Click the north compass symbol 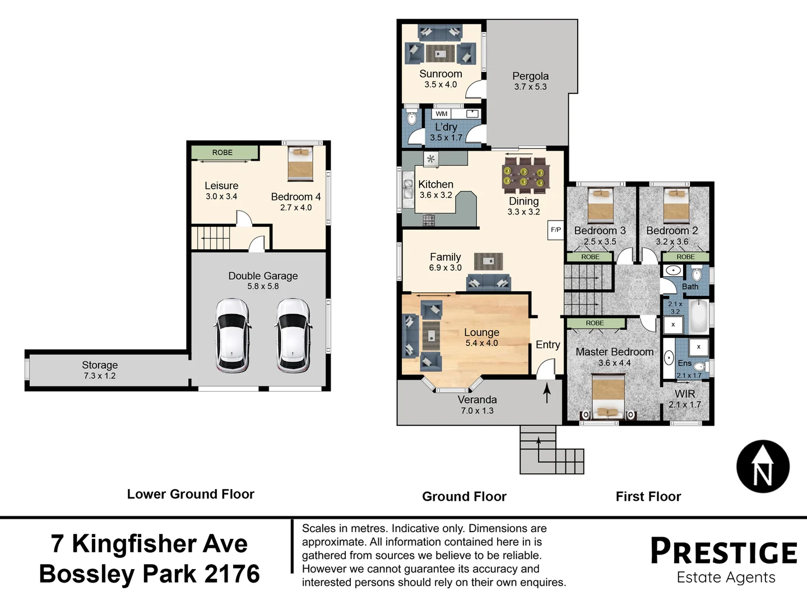(x=763, y=467)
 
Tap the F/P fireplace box (x=555, y=230)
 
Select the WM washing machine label (x=441, y=114)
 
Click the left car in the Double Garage (x=233, y=336)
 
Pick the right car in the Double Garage (x=293, y=336)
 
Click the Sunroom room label (x=440, y=74)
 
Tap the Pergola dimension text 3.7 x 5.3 (x=530, y=87)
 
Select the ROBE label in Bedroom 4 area (x=222, y=152)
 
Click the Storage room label (x=100, y=365)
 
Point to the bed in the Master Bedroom (x=609, y=397)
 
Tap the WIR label (x=685, y=394)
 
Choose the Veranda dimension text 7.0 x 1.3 (x=477, y=411)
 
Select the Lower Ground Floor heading (x=191, y=494)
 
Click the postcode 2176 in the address (x=232, y=574)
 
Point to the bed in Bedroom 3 (x=601, y=206)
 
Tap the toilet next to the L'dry (x=411, y=117)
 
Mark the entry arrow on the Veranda (x=547, y=392)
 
